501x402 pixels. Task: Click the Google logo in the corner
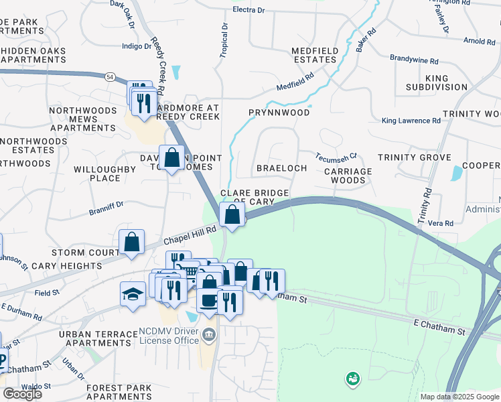pos(22,394)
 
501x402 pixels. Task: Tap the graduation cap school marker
pos(133,293)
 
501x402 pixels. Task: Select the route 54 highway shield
pos(109,77)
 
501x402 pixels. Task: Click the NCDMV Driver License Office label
pos(169,336)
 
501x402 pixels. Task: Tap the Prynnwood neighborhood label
pos(279,113)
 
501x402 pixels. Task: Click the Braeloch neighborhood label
pos(282,168)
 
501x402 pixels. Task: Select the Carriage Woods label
pos(348,176)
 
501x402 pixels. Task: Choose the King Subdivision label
pos(436,83)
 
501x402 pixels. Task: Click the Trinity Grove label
pos(414,157)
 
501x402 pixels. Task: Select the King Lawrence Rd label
pos(411,121)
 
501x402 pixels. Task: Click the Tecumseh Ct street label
pos(337,155)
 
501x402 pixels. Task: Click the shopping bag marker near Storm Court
pos(132,242)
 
